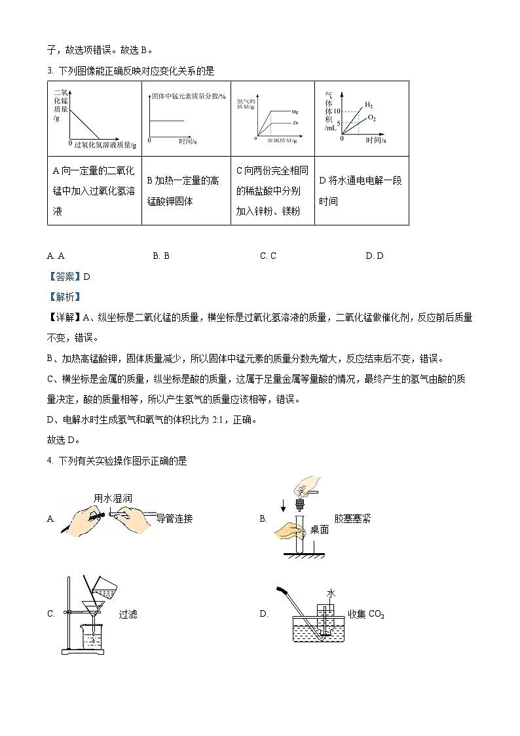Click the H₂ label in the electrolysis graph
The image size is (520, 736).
click(x=369, y=105)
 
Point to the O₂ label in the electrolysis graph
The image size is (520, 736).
click(x=372, y=117)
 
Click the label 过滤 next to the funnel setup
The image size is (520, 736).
click(x=128, y=614)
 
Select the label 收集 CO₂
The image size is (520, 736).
click(x=366, y=614)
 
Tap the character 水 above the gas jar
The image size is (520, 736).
click(x=331, y=593)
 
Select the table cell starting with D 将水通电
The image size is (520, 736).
click(x=361, y=191)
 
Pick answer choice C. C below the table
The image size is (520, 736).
click(x=268, y=256)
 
